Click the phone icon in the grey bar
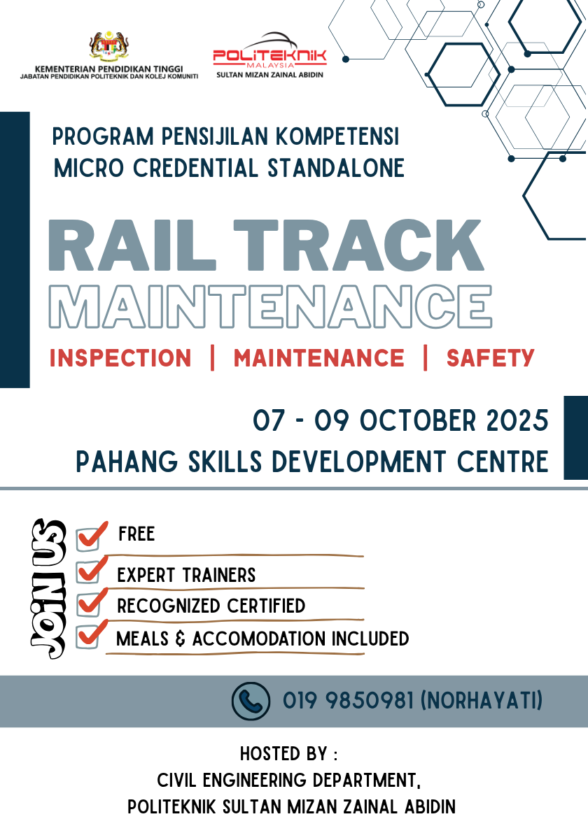click(250, 701)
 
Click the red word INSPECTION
click(120, 358)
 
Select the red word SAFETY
click(490, 358)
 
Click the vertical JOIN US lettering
click(48, 588)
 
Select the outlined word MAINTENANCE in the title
click(269, 305)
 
